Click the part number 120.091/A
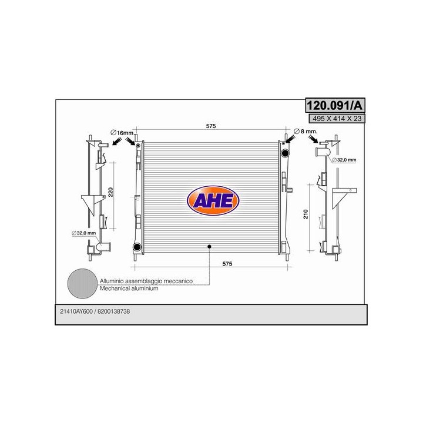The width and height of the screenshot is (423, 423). [x=335, y=105]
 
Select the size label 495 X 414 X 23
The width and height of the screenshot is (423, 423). [x=337, y=118]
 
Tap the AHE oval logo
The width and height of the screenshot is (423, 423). [x=213, y=200]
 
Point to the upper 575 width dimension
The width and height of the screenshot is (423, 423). [x=211, y=126]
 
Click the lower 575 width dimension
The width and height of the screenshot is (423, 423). [x=227, y=264]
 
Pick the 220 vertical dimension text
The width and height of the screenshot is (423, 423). [x=110, y=192]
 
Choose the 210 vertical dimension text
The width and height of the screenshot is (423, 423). [x=305, y=214]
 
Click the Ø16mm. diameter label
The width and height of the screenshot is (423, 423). [x=122, y=132]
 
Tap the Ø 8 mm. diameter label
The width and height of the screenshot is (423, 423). [x=305, y=132]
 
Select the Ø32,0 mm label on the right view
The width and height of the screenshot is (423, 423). [x=344, y=160]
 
